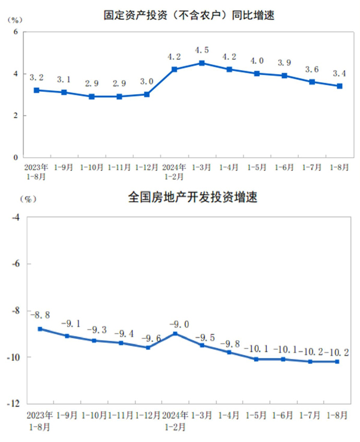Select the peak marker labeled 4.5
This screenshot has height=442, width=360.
click(x=202, y=63)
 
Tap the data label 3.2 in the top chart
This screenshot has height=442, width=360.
click(x=36, y=77)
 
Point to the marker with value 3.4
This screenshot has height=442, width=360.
click(x=340, y=86)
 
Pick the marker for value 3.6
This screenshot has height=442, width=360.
click(x=312, y=82)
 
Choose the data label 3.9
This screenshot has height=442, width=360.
click(x=284, y=62)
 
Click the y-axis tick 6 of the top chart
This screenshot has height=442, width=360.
click(x=15, y=32)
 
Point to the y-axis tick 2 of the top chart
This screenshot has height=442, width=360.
click(x=15, y=115)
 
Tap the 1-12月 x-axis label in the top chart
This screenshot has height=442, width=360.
click(x=146, y=167)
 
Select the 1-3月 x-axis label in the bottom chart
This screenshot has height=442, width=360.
click(x=202, y=415)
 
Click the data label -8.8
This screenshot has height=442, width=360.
click(x=40, y=314)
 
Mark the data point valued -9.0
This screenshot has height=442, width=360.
click(x=175, y=333)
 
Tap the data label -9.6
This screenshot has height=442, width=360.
click(x=147, y=338)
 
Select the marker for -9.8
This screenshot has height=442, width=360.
click(x=229, y=352)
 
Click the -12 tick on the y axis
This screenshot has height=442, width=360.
click(x=13, y=404)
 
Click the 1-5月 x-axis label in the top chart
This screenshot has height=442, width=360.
click(x=257, y=167)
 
